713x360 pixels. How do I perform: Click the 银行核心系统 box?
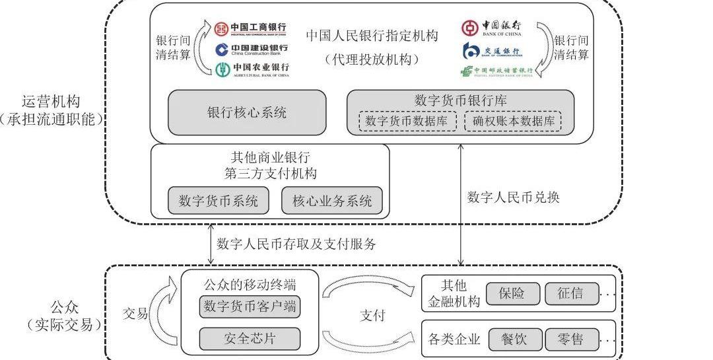click(x=247, y=113)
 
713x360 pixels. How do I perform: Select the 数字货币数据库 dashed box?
click(x=407, y=122)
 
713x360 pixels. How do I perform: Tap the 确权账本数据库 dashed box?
click(x=513, y=122)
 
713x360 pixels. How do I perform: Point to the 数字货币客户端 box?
click(x=250, y=306)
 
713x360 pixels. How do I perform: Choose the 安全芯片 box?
click(x=250, y=339)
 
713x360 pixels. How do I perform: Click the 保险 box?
click(x=512, y=293)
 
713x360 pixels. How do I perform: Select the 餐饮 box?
click(x=514, y=340)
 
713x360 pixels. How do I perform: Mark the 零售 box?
click(x=571, y=340)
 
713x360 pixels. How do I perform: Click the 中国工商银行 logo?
click(x=250, y=28)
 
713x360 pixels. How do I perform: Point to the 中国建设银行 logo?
click(x=251, y=50)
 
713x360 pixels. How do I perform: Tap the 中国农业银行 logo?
click(x=252, y=69)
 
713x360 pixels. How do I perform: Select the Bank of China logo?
click(x=491, y=28)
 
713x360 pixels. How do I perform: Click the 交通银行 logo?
click(x=491, y=51)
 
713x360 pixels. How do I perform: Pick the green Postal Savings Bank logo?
click(x=497, y=71)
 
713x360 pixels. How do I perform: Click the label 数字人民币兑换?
click(x=513, y=198)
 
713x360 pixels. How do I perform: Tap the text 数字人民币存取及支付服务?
click(x=296, y=244)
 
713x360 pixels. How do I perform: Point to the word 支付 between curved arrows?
click(x=372, y=315)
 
